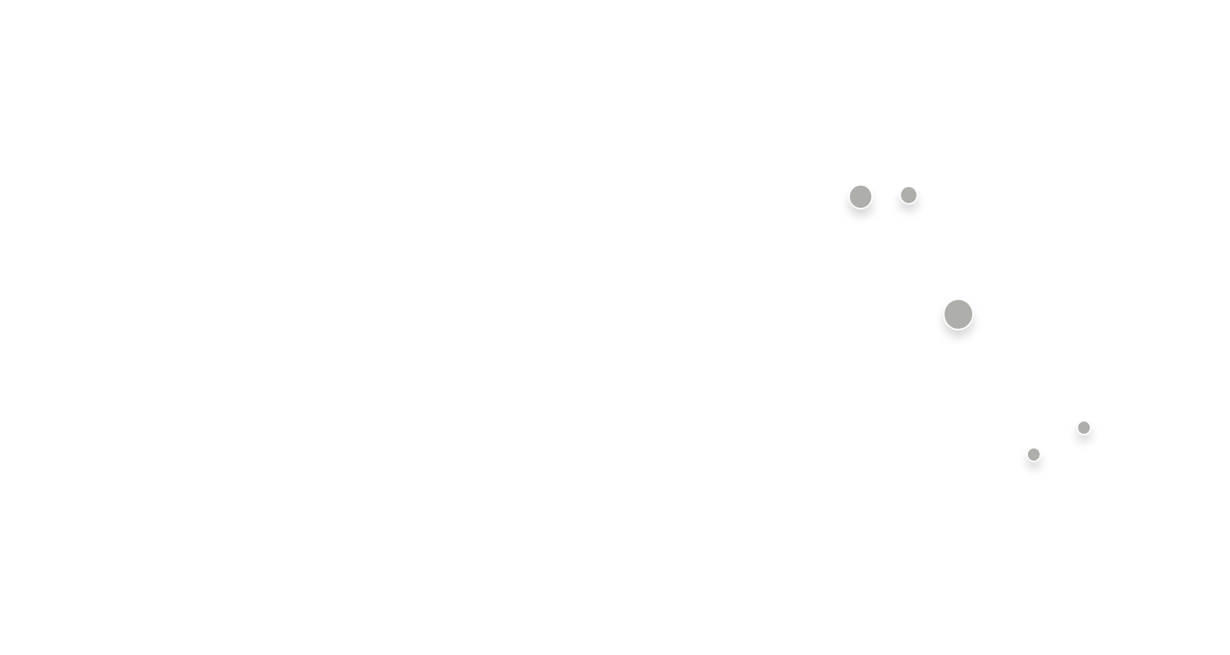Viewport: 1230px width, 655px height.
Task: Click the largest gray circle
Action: point(958,315)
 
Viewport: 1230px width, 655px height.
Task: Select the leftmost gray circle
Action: point(860,196)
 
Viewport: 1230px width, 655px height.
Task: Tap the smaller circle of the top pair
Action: point(909,195)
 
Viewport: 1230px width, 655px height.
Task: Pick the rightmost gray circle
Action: point(1084,427)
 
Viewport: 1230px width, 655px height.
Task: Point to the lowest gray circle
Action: point(1033,454)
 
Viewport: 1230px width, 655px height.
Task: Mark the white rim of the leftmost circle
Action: point(860,184)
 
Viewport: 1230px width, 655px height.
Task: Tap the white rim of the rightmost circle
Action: point(1084,419)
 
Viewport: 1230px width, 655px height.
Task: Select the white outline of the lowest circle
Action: point(1033,446)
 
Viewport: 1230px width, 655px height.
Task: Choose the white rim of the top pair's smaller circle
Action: point(909,186)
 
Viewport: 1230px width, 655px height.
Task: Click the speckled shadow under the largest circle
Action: point(958,337)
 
